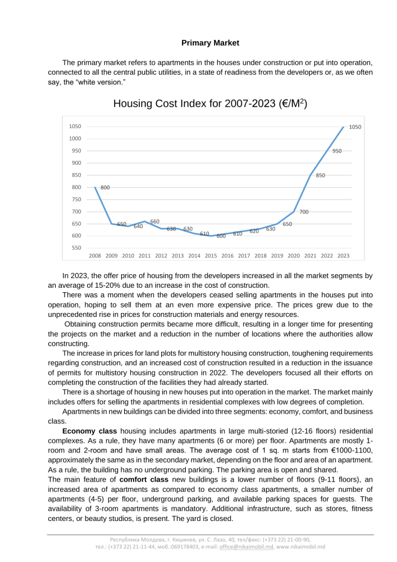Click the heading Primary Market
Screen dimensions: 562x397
211,43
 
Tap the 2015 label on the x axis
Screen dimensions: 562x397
211,256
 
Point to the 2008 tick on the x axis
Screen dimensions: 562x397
95,256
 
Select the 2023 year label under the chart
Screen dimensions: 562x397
343,256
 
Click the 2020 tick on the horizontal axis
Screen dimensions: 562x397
294,256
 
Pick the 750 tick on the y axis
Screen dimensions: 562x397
75,200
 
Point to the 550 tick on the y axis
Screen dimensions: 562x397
75,248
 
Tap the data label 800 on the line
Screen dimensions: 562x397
105,188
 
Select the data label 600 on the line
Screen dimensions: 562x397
221,236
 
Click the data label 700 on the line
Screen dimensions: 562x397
304,212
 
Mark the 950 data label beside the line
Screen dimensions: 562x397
337,151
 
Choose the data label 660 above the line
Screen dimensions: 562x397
154,221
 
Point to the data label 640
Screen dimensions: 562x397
138,226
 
